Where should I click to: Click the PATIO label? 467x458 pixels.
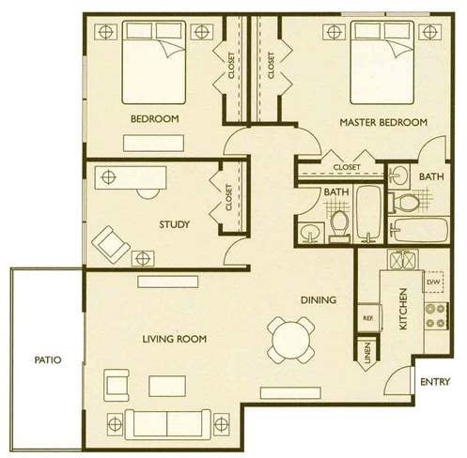click(x=48, y=359)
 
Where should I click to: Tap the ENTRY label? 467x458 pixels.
click(x=435, y=382)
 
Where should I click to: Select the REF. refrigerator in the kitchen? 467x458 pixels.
click(x=369, y=318)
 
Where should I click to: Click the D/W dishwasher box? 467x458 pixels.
click(x=433, y=282)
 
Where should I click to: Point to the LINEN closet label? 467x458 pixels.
click(x=367, y=353)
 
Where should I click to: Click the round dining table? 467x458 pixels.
click(x=291, y=340)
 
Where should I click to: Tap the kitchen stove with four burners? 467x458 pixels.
click(x=436, y=315)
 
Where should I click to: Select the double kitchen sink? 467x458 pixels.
click(x=403, y=259)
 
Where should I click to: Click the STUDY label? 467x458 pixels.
click(x=174, y=224)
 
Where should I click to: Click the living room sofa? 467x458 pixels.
click(x=168, y=424)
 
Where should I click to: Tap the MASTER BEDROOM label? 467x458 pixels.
click(x=383, y=122)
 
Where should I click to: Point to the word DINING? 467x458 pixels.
click(x=319, y=300)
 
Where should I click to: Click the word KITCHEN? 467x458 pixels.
click(x=403, y=309)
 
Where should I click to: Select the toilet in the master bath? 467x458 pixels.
click(x=405, y=203)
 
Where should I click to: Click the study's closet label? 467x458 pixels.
click(x=229, y=197)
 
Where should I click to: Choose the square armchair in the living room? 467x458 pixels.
click(x=117, y=386)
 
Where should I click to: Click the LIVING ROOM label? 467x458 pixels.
click(x=175, y=339)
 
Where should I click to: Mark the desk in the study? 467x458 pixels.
click(x=131, y=177)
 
